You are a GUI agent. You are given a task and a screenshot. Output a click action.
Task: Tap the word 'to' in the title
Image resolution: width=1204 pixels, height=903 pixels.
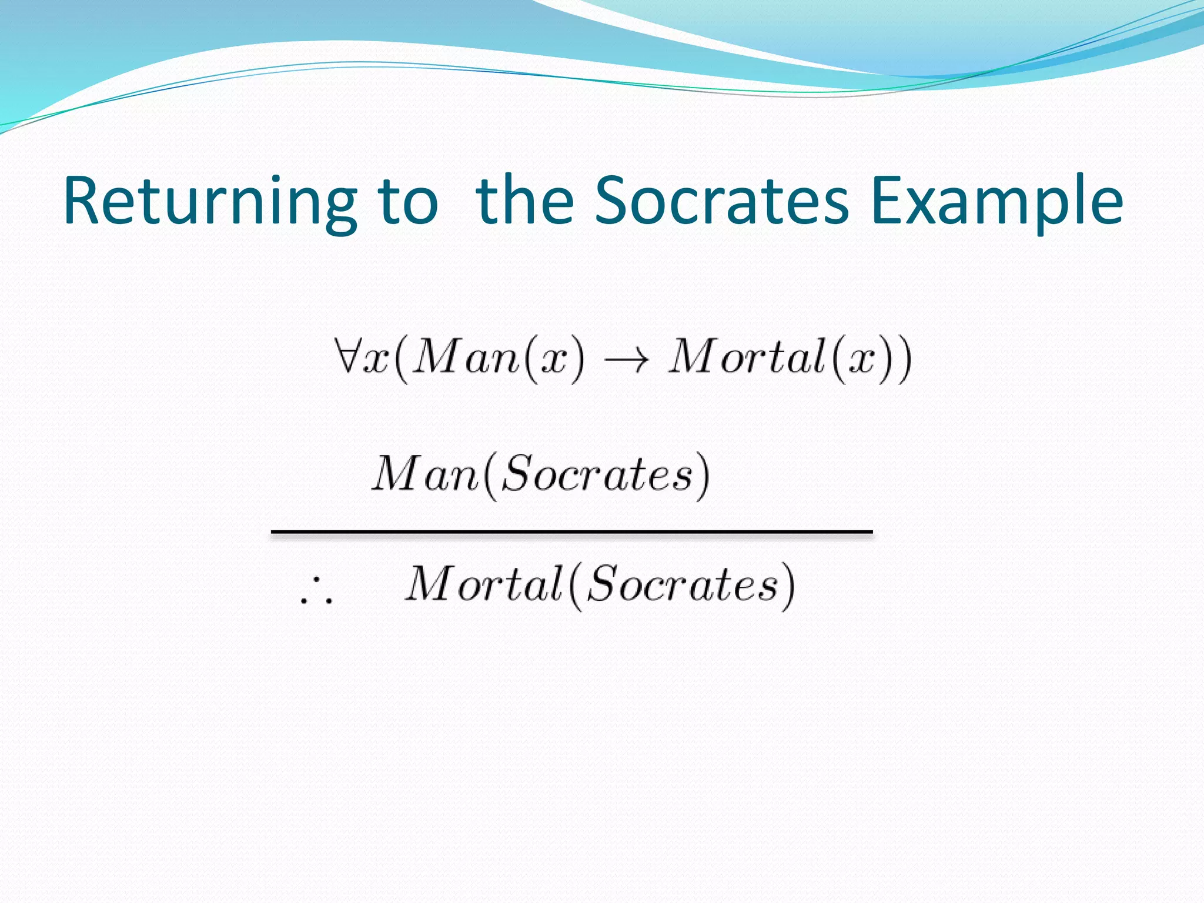click(x=408, y=201)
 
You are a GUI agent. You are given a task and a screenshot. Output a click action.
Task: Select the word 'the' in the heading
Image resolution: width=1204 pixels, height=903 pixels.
click(x=525, y=201)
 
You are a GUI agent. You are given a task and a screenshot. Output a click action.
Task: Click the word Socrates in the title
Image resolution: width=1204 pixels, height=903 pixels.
click(x=722, y=201)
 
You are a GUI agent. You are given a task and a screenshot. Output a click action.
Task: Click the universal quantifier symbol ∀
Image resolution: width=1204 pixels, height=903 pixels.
click(x=346, y=355)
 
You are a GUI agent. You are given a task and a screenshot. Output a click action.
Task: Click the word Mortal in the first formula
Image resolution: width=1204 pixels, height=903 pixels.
click(x=748, y=357)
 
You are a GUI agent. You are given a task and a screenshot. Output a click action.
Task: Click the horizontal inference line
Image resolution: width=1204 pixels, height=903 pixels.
click(x=571, y=532)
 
